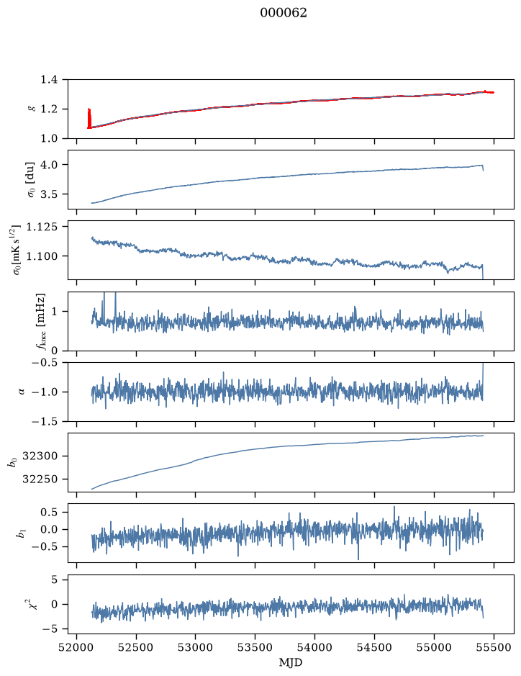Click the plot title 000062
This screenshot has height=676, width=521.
(x=283, y=13)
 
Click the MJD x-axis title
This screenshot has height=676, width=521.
(x=291, y=662)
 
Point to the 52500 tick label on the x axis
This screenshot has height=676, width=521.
(x=136, y=647)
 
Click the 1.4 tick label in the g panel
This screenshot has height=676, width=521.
(x=49, y=80)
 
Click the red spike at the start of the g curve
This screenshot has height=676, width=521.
(x=89, y=118)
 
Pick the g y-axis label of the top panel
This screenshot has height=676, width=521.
(x=30, y=109)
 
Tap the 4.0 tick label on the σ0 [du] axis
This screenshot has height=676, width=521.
(x=49, y=165)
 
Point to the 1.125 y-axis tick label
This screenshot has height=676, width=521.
(x=42, y=227)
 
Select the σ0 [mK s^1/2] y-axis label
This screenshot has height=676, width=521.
(x=17, y=250)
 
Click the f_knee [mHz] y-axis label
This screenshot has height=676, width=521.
(x=40, y=322)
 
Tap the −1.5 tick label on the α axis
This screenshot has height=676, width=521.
(x=45, y=421)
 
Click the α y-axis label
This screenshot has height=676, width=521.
(x=22, y=392)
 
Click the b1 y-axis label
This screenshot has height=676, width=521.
(x=20, y=533)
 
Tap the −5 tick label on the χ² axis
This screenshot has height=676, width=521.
(x=50, y=629)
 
